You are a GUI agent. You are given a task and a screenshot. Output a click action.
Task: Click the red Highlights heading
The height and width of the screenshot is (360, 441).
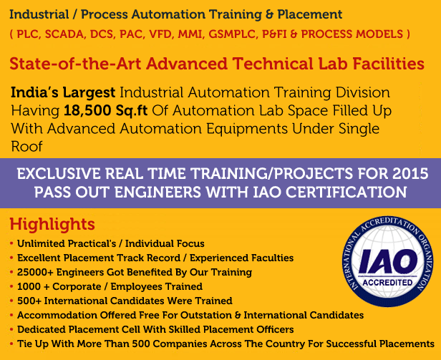click(52, 225)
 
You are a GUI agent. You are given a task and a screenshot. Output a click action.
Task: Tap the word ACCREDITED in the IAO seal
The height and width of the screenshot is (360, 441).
click(387, 282)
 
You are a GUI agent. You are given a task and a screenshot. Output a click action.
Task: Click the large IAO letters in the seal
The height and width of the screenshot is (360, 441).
click(388, 261)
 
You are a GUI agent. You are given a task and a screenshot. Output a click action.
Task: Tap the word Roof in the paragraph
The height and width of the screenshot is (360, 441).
click(26, 147)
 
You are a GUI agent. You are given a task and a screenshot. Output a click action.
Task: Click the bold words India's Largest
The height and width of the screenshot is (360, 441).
click(63, 92)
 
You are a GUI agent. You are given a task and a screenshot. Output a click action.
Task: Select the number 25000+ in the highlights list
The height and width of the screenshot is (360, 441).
click(35, 272)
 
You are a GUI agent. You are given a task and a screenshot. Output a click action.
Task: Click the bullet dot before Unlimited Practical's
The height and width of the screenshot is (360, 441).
click(11, 243)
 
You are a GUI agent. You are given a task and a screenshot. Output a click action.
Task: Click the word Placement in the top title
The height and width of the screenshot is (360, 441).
click(310, 14)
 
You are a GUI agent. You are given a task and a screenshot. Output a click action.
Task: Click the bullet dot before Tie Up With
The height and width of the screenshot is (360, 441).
click(11, 344)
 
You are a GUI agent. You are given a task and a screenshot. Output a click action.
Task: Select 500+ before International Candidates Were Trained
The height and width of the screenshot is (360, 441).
click(29, 301)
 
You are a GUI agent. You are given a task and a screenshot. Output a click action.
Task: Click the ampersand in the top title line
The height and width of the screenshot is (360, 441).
click(269, 14)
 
